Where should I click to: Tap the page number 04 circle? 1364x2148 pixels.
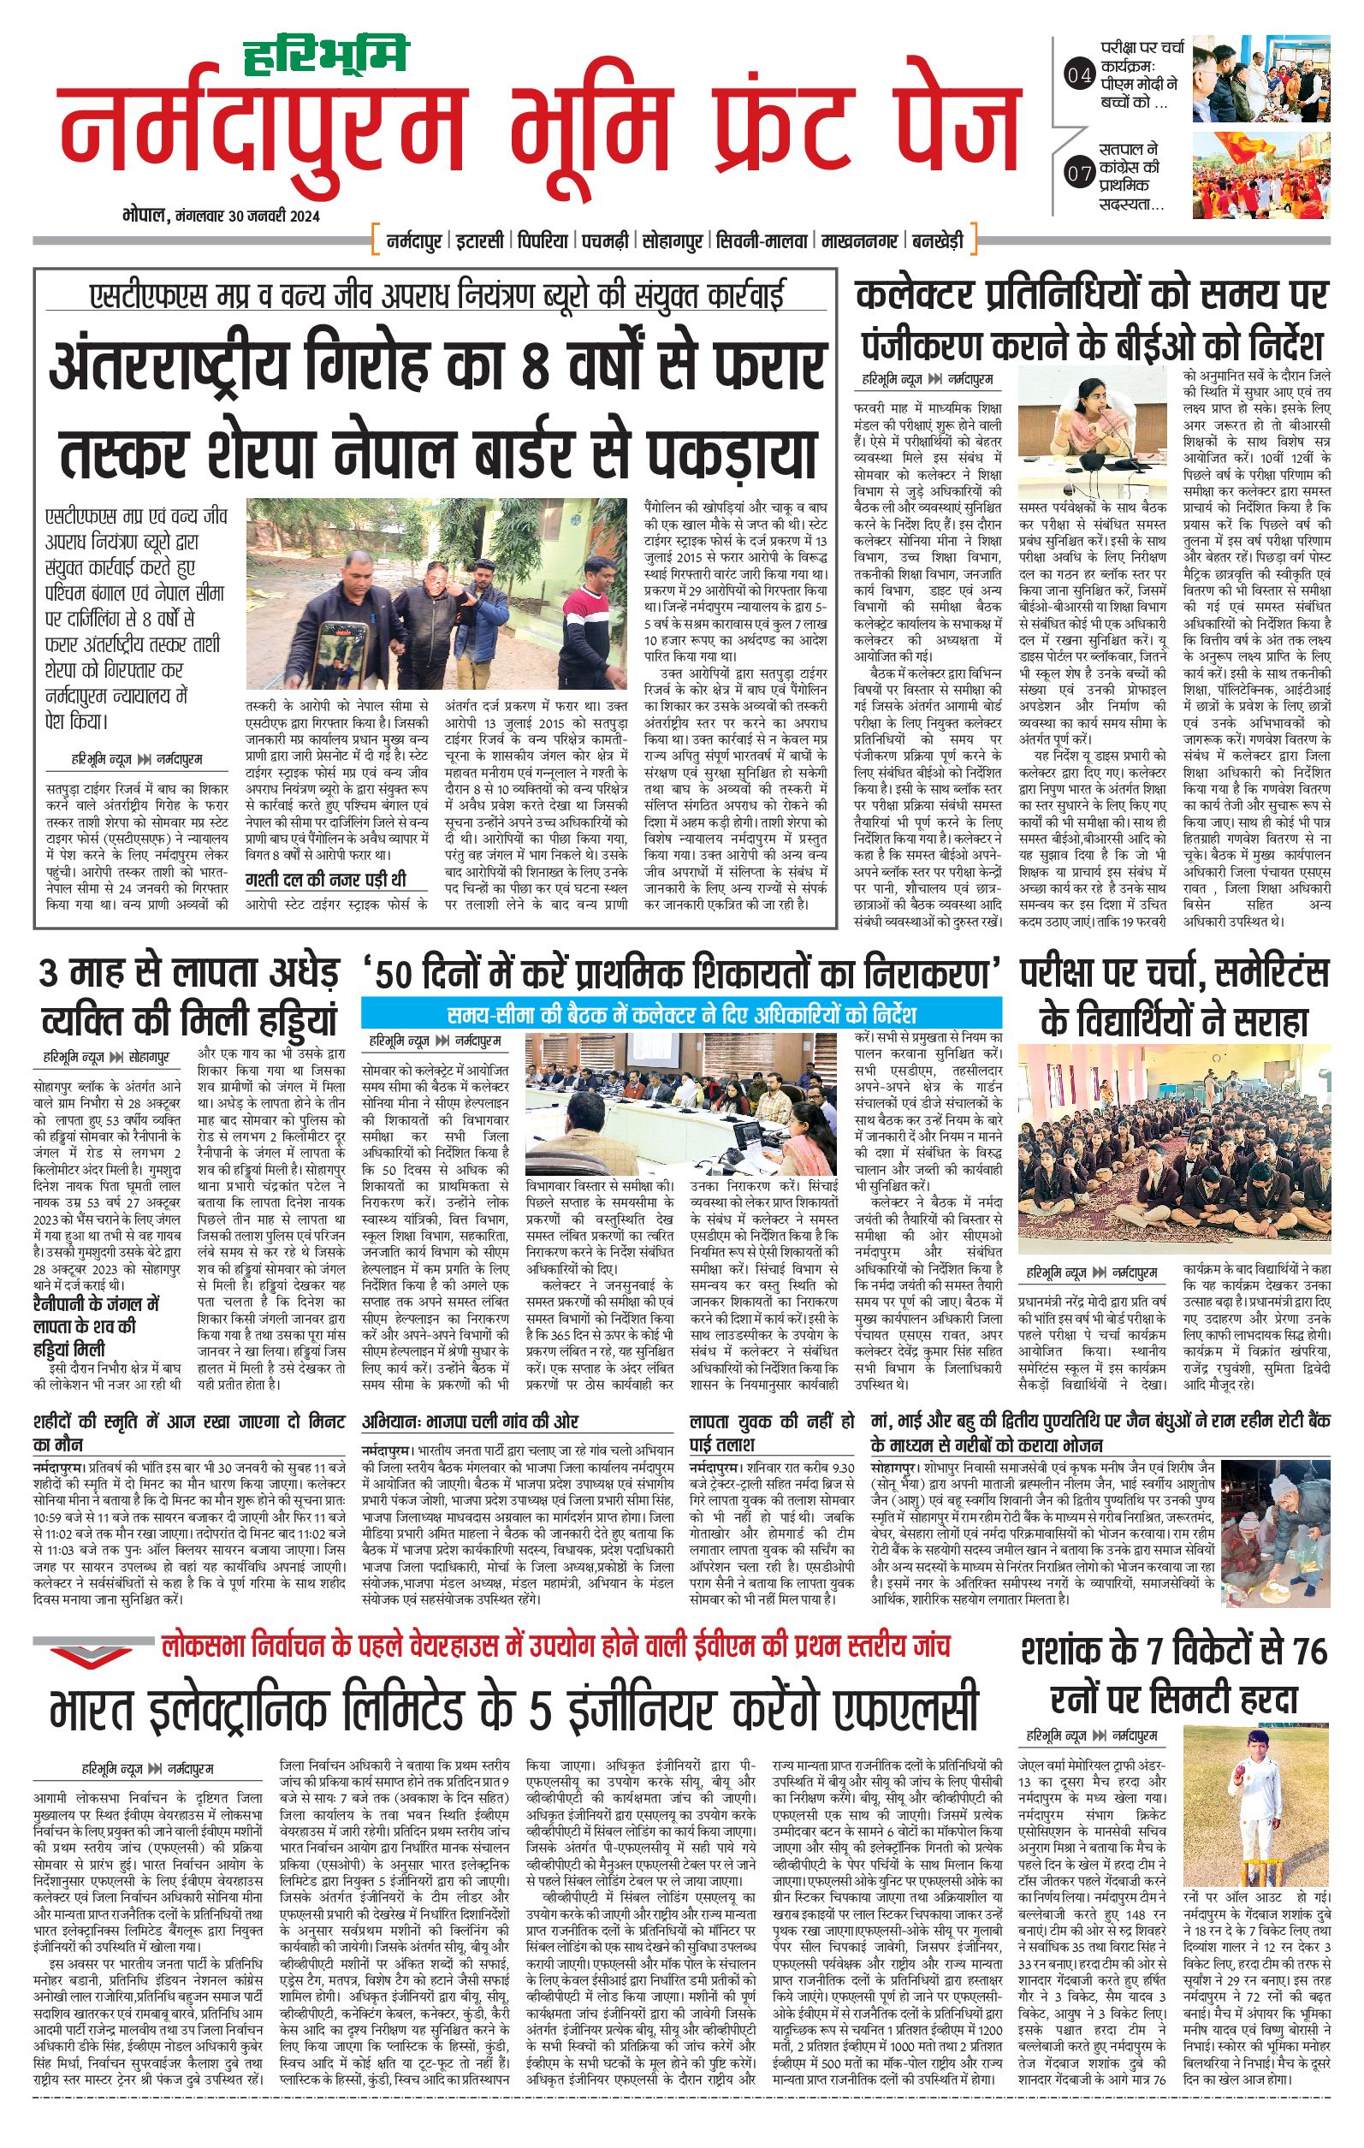pyautogui.click(x=1079, y=76)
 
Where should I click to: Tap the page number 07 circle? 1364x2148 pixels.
pyautogui.click(x=1079, y=173)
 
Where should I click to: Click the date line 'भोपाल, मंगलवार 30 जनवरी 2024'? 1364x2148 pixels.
pyautogui.click(x=222, y=217)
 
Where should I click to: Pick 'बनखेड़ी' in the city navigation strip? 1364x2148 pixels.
pyautogui.click(x=937, y=240)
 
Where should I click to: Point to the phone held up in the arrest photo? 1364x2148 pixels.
pyautogui.click(x=344, y=650)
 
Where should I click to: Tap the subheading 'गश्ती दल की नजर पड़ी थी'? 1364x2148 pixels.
pyautogui.click(x=326, y=880)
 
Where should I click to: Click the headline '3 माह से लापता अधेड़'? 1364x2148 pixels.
pyautogui.click(x=188, y=973)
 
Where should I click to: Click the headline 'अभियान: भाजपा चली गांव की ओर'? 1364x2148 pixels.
pyautogui.click(x=469, y=1422)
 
